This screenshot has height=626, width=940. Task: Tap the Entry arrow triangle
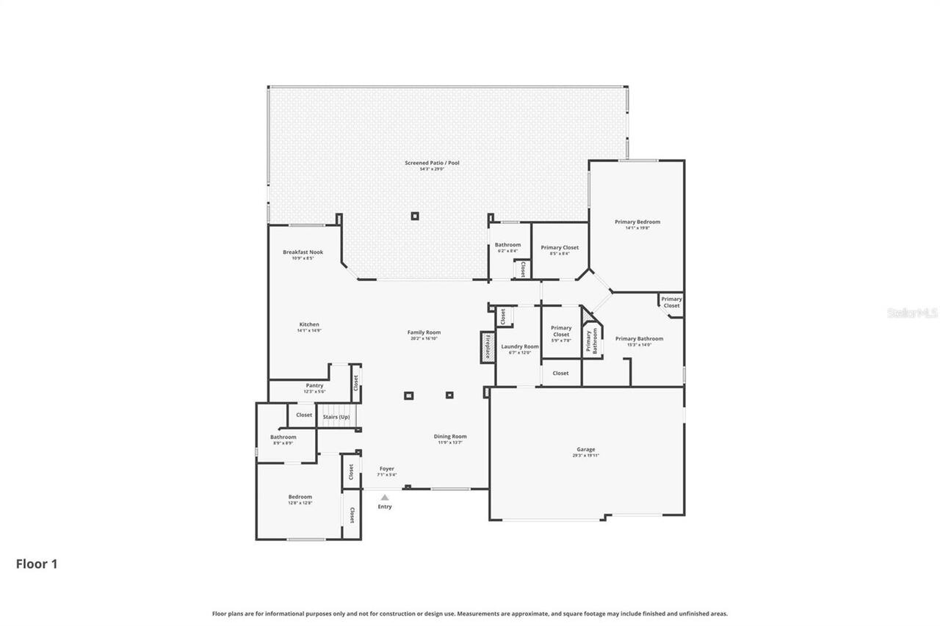point(385,498)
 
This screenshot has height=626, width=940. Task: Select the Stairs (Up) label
point(336,417)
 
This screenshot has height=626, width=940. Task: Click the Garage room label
point(585,449)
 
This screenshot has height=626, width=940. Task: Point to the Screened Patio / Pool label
point(432,163)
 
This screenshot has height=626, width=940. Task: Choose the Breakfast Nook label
point(303,252)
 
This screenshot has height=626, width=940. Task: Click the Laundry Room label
point(519,346)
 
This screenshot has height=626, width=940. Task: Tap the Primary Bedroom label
point(637,222)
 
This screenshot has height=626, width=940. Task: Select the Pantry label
point(314,385)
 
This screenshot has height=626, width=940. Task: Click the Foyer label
point(387,468)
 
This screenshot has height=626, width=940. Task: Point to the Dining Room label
point(449,437)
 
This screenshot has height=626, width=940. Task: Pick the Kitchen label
point(309,324)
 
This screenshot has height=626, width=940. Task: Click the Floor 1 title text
point(37,564)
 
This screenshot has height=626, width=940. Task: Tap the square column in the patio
point(415,216)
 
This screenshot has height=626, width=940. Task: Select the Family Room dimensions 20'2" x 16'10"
point(424,338)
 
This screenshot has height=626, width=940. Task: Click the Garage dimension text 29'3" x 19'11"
point(585,456)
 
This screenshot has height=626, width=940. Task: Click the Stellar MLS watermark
point(912,313)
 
